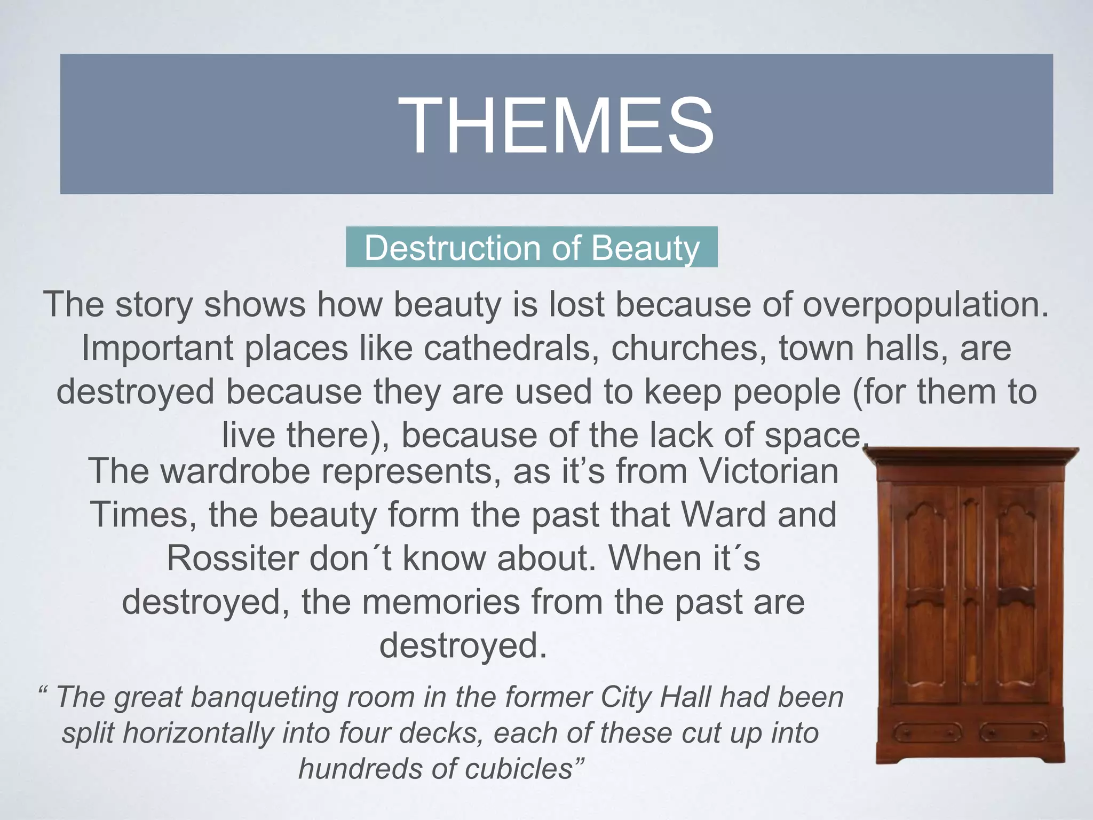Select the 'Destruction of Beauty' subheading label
(x=532, y=248)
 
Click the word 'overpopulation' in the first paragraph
(x=925, y=305)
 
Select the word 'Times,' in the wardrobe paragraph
(x=144, y=515)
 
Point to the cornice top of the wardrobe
(x=970, y=456)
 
